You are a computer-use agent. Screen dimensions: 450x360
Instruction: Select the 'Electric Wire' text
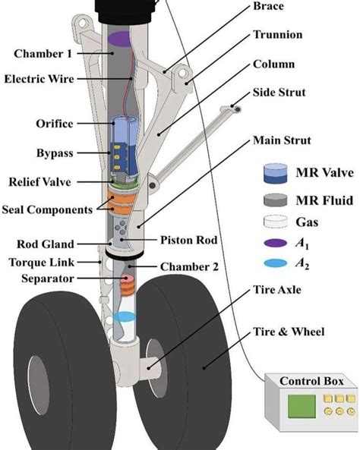(39, 77)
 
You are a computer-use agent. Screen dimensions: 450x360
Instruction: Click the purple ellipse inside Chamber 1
(119, 37)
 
